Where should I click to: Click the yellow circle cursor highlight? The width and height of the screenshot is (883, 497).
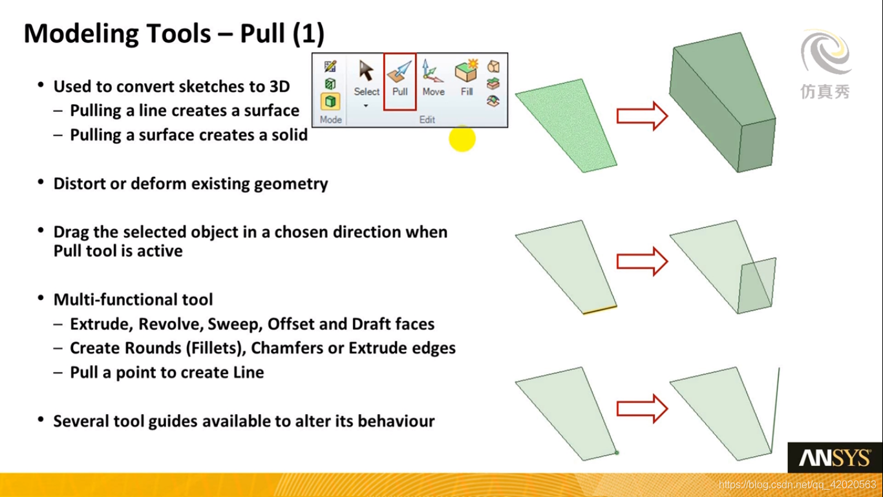point(462,138)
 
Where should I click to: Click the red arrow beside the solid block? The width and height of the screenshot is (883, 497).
point(642,116)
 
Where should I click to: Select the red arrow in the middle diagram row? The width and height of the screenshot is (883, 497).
point(642,261)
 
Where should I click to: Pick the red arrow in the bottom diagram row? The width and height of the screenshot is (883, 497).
point(642,408)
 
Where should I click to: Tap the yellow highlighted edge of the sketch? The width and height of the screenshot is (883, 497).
point(599,310)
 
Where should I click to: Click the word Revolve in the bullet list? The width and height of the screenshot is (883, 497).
point(169,324)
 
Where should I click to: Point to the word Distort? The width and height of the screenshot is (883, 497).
point(79,184)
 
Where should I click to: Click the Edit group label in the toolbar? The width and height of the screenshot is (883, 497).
point(427,120)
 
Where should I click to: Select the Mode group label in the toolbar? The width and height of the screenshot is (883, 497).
point(330,120)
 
